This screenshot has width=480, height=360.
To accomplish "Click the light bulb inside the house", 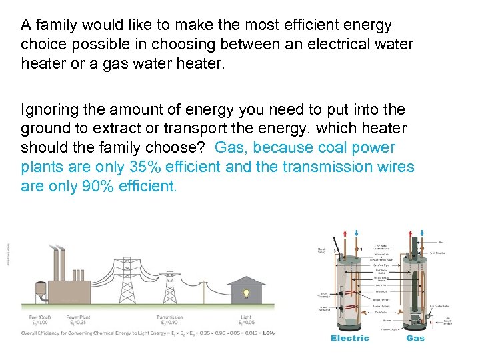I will (x=246, y=293).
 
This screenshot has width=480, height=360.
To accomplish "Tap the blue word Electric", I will (x=350, y=338).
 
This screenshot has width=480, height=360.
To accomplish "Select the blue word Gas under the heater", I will (x=415, y=338).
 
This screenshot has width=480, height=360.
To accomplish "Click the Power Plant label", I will (x=79, y=317).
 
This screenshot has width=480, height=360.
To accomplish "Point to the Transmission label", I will (x=169, y=317).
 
